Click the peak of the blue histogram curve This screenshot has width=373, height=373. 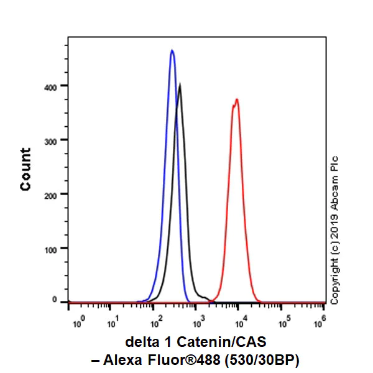coord(172,50)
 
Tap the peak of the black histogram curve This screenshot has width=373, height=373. coord(180,84)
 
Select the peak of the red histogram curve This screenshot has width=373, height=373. coord(236,99)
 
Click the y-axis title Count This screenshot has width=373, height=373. coord(26,169)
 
